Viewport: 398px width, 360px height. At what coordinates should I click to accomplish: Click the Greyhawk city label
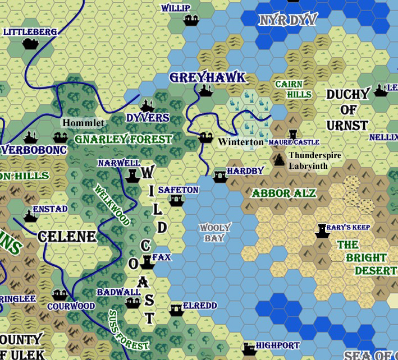tap(208, 77)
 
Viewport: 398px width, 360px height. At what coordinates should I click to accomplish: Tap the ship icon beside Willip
tap(191, 21)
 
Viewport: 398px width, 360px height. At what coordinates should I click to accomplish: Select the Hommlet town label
tap(83, 123)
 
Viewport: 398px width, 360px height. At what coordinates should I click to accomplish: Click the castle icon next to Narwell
tap(132, 176)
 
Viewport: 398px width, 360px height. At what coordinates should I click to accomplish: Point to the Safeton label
tap(178, 190)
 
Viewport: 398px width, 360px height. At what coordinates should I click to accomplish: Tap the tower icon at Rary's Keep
tap(322, 230)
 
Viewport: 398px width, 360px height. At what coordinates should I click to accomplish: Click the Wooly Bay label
tap(215, 233)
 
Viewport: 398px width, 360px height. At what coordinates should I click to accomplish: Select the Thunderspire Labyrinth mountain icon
tap(279, 159)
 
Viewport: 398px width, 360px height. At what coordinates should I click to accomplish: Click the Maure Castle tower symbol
tap(292, 135)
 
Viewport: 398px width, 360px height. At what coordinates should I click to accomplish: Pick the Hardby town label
tap(245, 171)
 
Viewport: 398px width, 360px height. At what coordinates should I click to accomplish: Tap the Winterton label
tap(240, 142)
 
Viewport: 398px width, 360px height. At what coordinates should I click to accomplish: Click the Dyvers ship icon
tap(148, 106)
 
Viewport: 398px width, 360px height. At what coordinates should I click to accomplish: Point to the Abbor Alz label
tap(283, 193)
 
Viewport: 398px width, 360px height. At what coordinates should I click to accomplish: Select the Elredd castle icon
tap(176, 309)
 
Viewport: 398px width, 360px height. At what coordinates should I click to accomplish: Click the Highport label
tap(277, 345)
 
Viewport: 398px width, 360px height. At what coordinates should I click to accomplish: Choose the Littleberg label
tap(30, 32)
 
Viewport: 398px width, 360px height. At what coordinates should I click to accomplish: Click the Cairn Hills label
tap(292, 89)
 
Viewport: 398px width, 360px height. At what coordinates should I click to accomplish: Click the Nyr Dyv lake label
tap(287, 21)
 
